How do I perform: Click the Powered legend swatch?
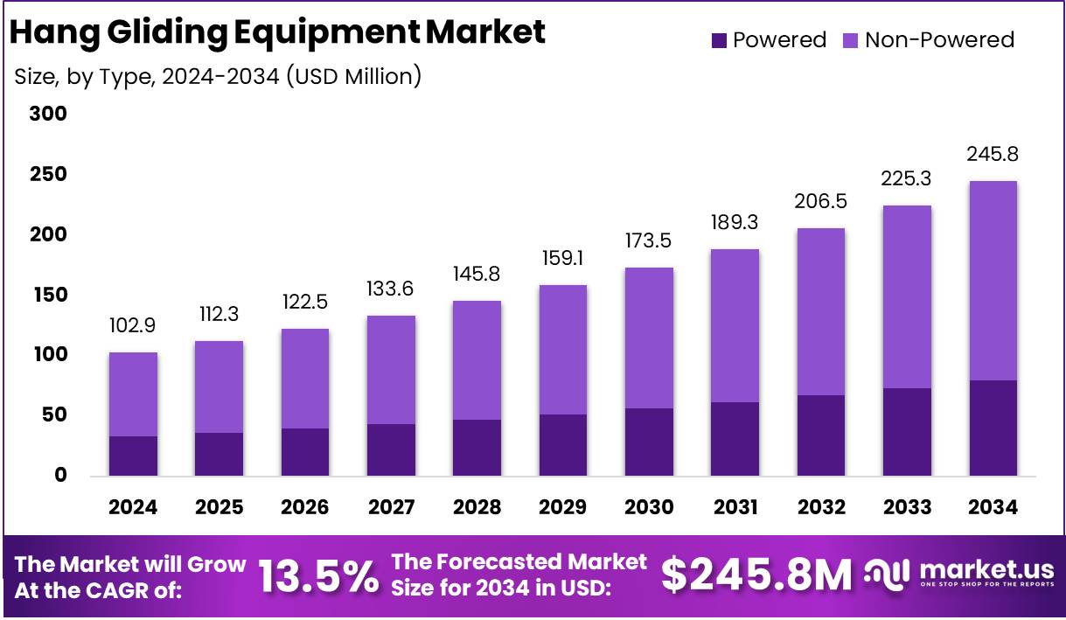(x=719, y=40)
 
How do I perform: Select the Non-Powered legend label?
(x=939, y=40)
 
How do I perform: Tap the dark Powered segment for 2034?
(x=993, y=428)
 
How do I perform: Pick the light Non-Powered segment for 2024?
(x=133, y=394)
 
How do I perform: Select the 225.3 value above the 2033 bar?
(x=907, y=178)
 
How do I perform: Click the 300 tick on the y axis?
(x=47, y=115)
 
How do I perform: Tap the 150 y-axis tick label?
(x=47, y=295)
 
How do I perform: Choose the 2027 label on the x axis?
(x=391, y=507)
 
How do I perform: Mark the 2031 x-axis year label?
(x=735, y=507)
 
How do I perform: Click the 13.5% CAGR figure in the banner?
(x=318, y=575)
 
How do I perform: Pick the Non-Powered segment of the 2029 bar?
(x=563, y=350)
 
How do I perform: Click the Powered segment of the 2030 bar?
(x=649, y=442)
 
